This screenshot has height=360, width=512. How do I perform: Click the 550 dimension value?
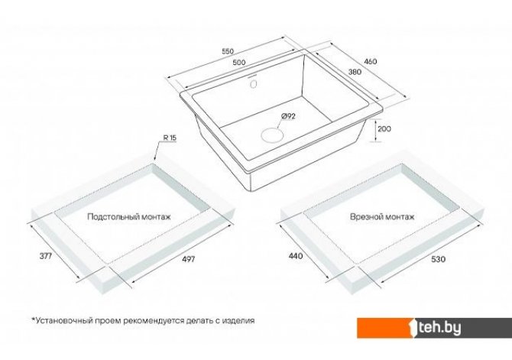(x=228, y=51)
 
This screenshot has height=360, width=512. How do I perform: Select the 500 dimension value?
(x=239, y=63)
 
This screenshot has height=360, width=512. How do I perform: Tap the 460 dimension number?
(x=370, y=61)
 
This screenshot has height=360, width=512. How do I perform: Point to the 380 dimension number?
(x=355, y=72)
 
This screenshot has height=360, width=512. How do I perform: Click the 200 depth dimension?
(x=384, y=128)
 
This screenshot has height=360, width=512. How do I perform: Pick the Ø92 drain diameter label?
(x=288, y=116)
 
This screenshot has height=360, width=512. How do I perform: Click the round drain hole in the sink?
(x=272, y=135)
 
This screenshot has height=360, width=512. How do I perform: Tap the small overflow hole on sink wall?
(x=253, y=84)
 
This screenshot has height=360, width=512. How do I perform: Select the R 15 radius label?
(x=170, y=138)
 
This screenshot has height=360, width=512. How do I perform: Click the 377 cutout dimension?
(x=46, y=256)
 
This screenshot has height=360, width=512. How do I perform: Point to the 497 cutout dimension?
(x=189, y=259)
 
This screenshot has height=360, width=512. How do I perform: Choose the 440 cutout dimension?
(x=296, y=256)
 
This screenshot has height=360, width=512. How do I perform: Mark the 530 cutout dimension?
(x=438, y=259)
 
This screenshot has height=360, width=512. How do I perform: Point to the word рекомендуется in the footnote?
(x=152, y=320)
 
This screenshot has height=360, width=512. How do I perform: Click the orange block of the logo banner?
(x=384, y=328)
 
